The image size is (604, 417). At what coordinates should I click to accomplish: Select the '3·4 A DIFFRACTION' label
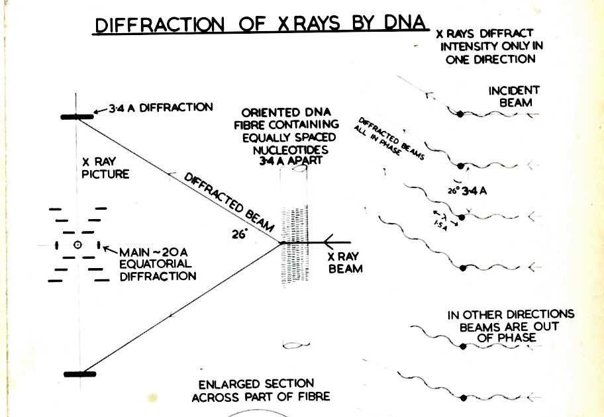point(160,107)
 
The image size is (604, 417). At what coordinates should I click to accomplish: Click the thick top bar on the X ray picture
point(77,116)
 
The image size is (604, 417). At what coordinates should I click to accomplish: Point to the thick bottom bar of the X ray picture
point(79,374)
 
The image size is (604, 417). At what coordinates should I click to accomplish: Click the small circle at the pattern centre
point(77,246)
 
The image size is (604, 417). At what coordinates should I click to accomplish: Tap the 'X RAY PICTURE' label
point(105,167)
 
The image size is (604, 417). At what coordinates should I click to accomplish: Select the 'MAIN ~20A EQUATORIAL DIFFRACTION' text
point(158,264)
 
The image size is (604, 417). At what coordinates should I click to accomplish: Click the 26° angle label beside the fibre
point(238,232)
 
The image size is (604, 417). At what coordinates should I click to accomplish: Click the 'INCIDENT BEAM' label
point(514,96)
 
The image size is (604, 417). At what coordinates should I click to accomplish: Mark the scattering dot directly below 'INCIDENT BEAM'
point(461,115)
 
